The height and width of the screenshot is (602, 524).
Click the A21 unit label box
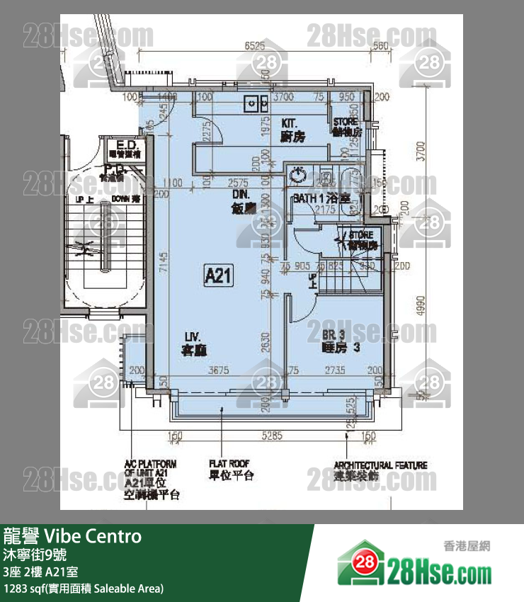point(218,274)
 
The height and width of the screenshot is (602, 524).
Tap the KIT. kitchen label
point(292,129)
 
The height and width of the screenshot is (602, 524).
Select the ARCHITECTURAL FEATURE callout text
point(380,471)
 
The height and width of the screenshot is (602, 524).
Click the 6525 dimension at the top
point(254,46)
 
